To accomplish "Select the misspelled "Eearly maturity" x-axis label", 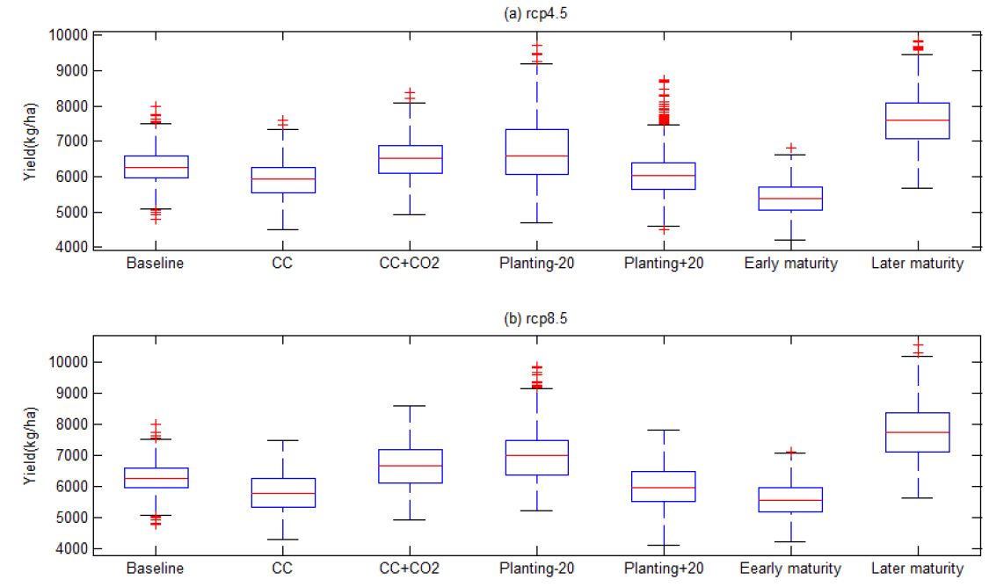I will [790, 569].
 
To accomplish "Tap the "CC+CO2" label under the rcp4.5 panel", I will [409, 264].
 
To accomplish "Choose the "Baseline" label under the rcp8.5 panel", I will [156, 569].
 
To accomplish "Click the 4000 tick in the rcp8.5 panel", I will [71, 549].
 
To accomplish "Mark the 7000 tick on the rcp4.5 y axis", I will [71, 141].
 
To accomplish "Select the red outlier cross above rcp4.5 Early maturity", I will [791, 148].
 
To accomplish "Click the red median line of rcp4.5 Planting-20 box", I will [535, 156].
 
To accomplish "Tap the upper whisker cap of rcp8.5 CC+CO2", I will [409, 406].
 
